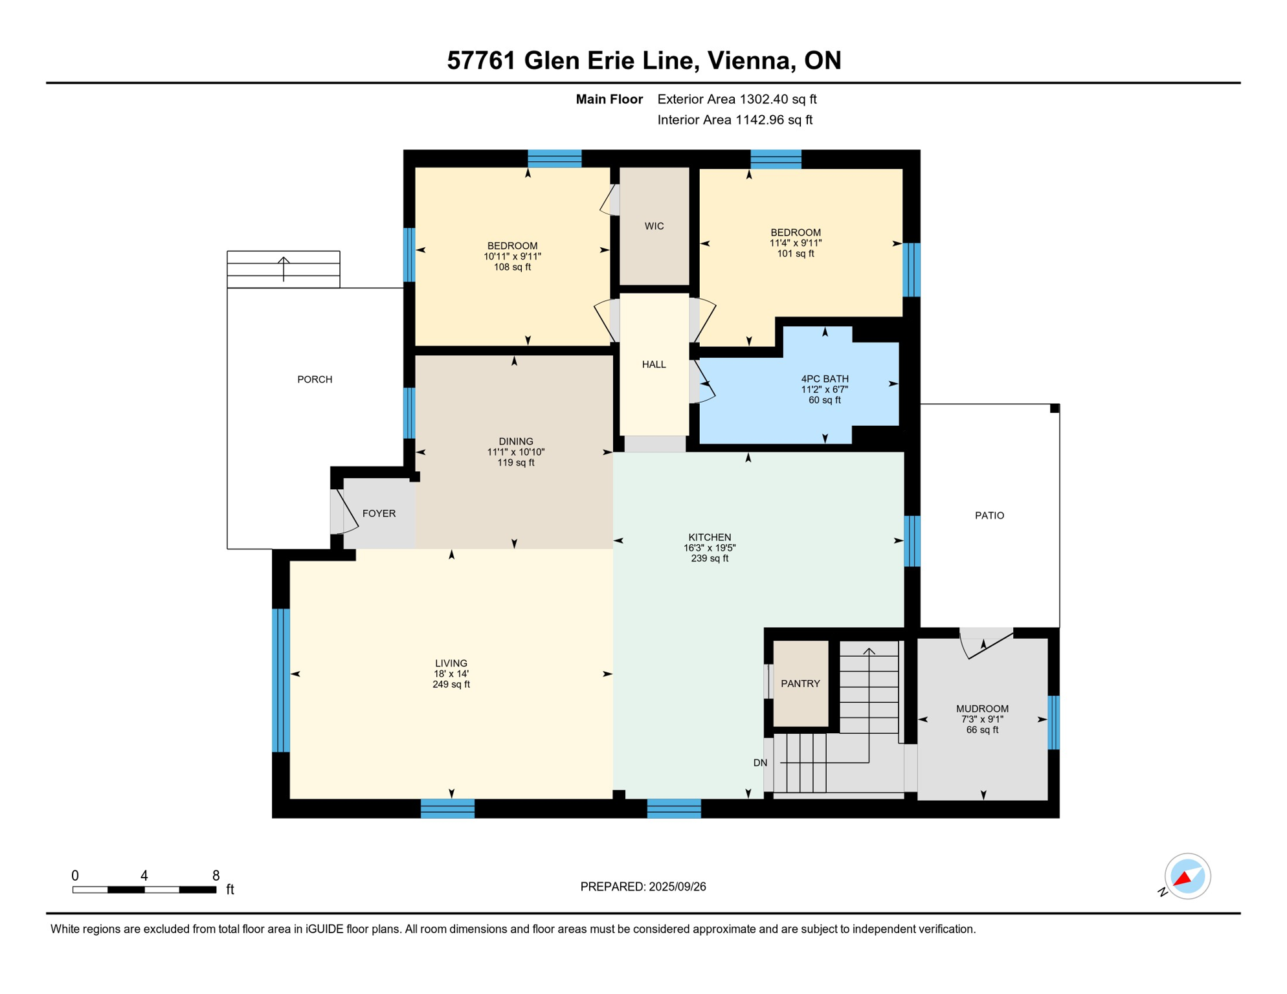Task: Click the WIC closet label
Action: click(x=654, y=226)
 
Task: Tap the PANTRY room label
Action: click(x=800, y=683)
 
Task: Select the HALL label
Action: click(x=654, y=364)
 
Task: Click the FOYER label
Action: click(x=379, y=513)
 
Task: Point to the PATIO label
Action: click(x=989, y=515)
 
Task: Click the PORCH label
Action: click(x=315, y=379)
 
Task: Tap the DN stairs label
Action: click(x=760, y=763)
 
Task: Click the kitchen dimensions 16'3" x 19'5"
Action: click(x=710, y=547)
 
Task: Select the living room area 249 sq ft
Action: click(x=451, y=684)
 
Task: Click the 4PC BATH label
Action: click(x=824, y=379)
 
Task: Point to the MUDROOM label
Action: click(x=982, y=709)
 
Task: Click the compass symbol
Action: click(x=1187, y=876)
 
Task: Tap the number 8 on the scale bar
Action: click(x=216, y=876)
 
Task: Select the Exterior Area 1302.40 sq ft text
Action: click(x=737, y=99)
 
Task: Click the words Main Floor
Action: click(x=609, y=99)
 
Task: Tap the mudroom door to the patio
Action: click(x=987, y=643)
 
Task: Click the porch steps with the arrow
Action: click(x=284, y=269)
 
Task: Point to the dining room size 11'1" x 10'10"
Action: click(x=516, y=452)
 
